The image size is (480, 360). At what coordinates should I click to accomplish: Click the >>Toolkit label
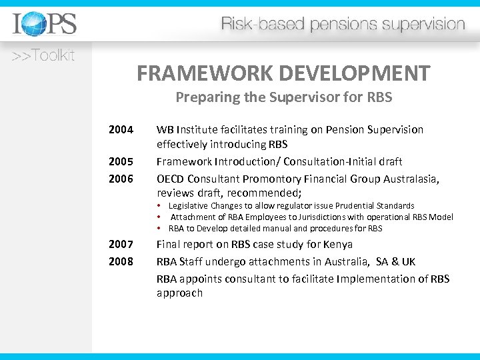tap(43, 56)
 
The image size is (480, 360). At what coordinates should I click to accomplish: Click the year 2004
tap(121, 129)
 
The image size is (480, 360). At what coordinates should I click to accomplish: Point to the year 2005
tap(121, 161)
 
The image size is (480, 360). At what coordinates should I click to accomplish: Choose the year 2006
tap(121, 178)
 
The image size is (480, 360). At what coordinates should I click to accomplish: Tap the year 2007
tap(121, 245)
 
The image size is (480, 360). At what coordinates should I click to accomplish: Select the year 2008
tap(121, 261)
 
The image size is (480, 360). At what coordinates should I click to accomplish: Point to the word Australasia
tap(409, 178)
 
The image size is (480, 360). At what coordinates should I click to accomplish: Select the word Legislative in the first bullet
tap(189, 206)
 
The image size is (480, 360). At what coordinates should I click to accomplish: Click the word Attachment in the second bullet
tap(193, 217)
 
